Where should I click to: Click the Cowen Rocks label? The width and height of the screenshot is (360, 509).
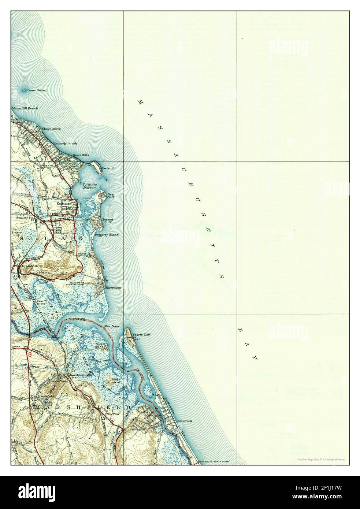click(36, 90)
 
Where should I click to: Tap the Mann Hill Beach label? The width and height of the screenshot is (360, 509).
click(25, 108)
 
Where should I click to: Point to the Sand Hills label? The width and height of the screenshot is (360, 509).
click(81, 155)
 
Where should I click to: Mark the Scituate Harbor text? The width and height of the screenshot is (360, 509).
click(89, 186)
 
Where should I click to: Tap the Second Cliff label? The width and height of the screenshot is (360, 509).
click(108, 221)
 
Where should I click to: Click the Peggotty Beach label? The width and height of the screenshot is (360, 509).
click(106, 235)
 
